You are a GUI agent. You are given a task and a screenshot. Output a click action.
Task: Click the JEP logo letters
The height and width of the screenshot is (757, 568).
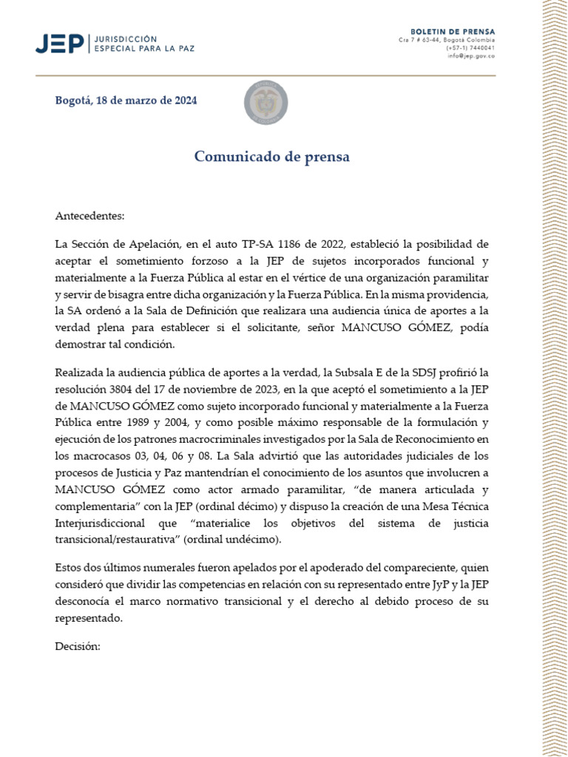60,44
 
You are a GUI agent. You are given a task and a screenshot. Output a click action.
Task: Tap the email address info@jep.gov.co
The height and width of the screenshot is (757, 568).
471,55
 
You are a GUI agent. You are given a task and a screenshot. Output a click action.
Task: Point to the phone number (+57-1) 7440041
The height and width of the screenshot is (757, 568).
470,47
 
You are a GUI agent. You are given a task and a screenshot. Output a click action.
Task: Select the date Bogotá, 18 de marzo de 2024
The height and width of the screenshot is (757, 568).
126,101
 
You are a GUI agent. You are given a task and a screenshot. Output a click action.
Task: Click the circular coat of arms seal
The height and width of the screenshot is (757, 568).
266,103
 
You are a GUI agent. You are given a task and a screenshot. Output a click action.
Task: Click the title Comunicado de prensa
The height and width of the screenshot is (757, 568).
272,157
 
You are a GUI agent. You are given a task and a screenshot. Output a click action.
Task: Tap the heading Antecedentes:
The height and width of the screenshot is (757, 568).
90,216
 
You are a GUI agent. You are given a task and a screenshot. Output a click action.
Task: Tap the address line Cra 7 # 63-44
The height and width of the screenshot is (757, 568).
418,39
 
